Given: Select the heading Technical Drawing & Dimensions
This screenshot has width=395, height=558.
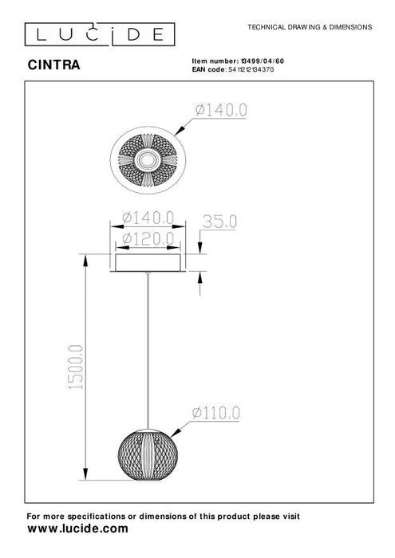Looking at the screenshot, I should pyautogui.click(x=310, y=26).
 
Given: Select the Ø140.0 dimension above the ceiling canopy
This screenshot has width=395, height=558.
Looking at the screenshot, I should pyautogui.click(x=148, y=216).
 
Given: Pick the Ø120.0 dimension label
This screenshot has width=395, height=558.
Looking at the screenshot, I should pyautogui.click(x=148, y=238).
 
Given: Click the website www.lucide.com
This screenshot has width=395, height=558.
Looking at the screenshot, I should pyautogui.click(x=77, y=528).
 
